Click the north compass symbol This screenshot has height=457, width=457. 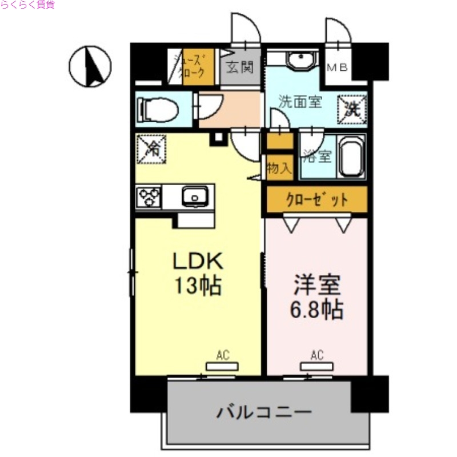coord(90,66)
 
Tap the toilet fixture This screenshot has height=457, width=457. coord(157,109)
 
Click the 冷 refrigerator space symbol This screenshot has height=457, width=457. coord(151,149)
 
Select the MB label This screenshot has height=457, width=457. coord(336,67)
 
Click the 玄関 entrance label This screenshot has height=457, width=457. coord(239,67)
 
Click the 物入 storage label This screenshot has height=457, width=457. coord(279,168)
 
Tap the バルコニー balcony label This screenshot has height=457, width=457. coord(264,411)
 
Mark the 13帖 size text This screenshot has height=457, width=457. coord(198,285)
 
